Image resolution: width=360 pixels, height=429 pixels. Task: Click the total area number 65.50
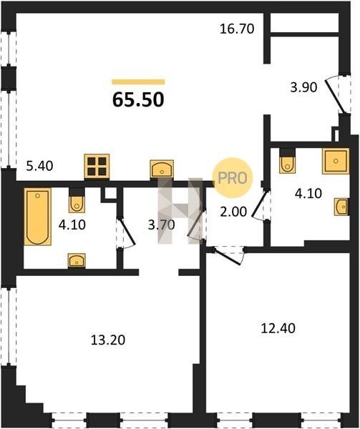[138, 99]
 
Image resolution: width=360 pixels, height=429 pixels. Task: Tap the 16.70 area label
[237, 29]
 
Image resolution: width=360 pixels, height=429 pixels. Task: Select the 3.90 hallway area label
[303, 87]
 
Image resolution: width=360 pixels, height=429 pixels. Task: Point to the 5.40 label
[39, 166]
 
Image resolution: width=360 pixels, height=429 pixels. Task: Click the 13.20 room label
[108, 340]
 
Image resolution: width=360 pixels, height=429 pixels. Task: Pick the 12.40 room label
[278, 328]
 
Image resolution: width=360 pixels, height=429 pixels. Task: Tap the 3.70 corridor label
[162, 225]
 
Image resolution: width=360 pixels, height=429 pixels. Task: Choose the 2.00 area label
[233, 212]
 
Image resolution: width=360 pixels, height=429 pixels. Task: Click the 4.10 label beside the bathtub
[72, 225]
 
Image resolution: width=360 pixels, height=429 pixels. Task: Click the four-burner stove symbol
[97, 167]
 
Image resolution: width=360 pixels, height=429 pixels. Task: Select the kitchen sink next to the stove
[162, 169]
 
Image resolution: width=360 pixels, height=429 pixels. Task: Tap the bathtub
[37, 217]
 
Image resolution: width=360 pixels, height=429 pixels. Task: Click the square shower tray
[336, 161]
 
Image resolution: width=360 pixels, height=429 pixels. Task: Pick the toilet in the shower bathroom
[287, 161]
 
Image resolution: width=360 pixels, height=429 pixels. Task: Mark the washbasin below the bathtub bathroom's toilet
[77, 260]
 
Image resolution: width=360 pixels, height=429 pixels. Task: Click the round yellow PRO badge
[233, 178]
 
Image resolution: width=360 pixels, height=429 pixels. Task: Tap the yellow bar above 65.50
[138, 82]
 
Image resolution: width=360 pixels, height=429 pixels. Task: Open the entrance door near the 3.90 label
[334, 97]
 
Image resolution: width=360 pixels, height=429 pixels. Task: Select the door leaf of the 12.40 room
[228, 257]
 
